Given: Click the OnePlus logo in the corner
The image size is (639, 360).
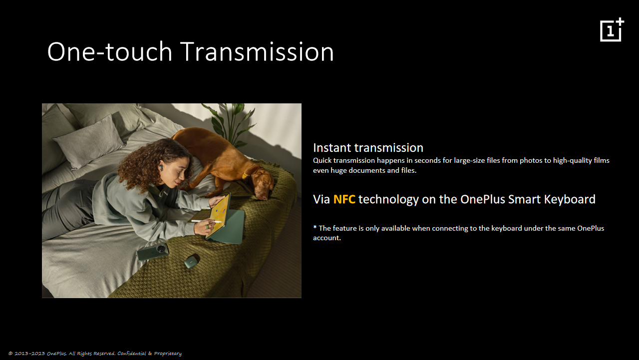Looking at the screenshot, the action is click(x=612, y=29).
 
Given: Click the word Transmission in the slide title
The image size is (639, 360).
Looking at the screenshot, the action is click(x=257, y=51).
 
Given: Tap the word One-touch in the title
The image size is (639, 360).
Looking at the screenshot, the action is click(x=109, y=51).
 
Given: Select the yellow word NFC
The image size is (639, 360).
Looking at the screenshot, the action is click(x=344, y=199).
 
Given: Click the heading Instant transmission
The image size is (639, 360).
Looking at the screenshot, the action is click(x=368, y=148).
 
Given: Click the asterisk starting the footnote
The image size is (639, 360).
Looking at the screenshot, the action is click(x=315, y=227).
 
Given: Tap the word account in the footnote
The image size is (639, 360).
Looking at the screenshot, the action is click(x=326, y=238).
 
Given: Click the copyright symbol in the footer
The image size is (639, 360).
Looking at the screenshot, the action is click(x=10, y=354).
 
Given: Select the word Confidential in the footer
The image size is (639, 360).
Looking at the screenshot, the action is click(x=131, y=354).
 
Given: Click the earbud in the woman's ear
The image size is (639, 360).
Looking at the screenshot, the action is click(x=161, y=167).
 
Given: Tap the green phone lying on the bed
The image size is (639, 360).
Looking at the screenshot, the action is click(x=153, y=252).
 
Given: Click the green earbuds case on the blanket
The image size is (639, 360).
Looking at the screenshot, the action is click(x=192, y=261).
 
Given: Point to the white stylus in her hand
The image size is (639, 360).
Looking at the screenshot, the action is click(x=206, y=221).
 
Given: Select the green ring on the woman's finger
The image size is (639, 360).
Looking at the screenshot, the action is click(x=207, y=227).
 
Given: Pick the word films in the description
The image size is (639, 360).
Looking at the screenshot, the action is click(x=602, y=160).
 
